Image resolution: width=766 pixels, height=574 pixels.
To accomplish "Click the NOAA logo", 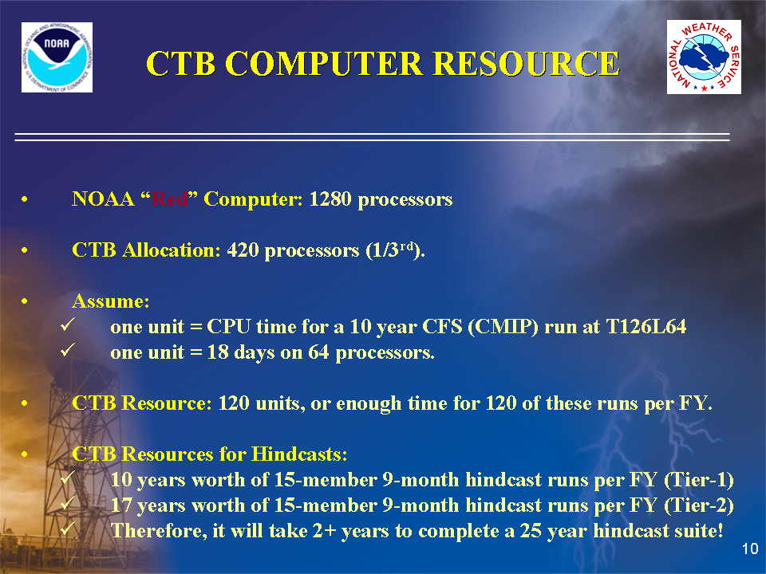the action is click(57, 57).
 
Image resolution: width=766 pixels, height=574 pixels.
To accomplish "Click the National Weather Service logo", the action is click(704, 57).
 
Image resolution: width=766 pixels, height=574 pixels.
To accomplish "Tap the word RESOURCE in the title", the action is click(527, 64).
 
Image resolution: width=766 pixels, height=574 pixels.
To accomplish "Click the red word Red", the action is click(169, 199).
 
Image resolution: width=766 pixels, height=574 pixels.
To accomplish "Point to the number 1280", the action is click(330, 199).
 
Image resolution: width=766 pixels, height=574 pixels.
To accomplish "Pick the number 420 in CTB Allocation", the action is click(243, 250).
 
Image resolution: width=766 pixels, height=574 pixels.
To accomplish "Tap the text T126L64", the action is click(646, 327).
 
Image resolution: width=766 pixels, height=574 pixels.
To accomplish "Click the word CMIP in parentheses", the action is click(503, 327).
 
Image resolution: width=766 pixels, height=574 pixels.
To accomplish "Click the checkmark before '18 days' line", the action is click(68, 349).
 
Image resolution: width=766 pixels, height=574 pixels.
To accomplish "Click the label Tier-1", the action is click(699, 480).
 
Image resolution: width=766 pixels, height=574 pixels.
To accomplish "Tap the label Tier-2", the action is click(699, 505).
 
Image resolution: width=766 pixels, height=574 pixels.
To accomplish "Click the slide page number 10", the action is click(750, 548).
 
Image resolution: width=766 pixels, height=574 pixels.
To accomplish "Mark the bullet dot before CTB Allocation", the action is click(25, 250).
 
